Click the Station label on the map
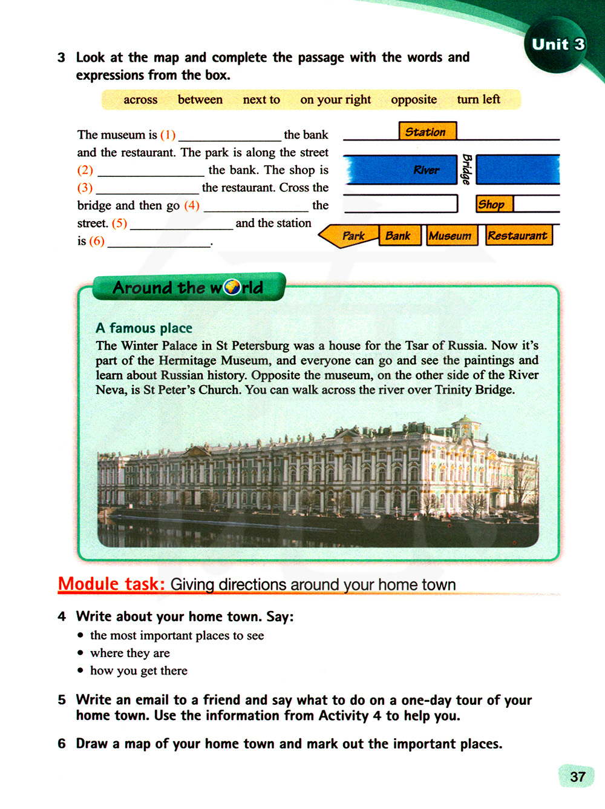pyautogui.click(x=427, y=131)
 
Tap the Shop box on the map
pyautogui.click(x=494, y=204)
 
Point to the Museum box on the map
pyautogui.click(x=451, y=236)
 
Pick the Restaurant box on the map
pyautogui.click(x=518, y=236)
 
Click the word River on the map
pyautogui.click(x=427, y=170)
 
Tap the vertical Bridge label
pyautogui.click(x=466, y=170)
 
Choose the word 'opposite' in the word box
pyautogui.click(x=414, y=99)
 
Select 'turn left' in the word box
pyautogui.click(x=479, y=99)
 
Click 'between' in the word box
pyautogui.click(x=200, y=99)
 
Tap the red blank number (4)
pyautogui.click(x=192, y=205)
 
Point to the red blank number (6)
pyautogui.click(x=97, y=241)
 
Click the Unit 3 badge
pyautogui.click(x=558, y=44)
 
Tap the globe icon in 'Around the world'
pyautogui.click(x=232, y=287)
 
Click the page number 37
pyautogui.click(x=577, y=777)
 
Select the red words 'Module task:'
pyautogui.click(x=111, y=584)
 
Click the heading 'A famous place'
pyautogui.click(x=144, y=328)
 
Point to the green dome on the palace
pyautogui.click(x=465, y=420)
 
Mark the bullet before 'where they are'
pyautogui.click(x=80, y=653)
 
